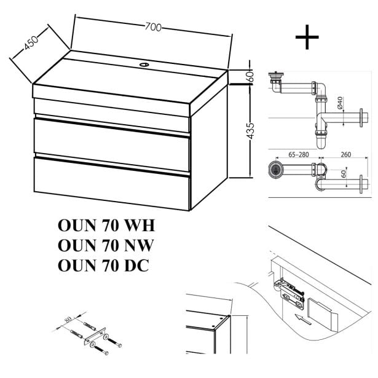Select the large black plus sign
pos(307,37)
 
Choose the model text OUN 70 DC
pos(103,266)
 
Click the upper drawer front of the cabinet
pos(111,136)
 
